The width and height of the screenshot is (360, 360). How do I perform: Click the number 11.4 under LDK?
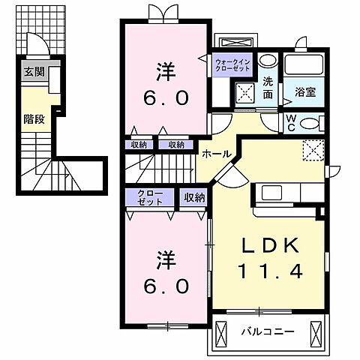pyautogui.click(x=272, y=271)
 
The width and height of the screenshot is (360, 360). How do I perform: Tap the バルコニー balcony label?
pyautogui.click(x=268, y=330)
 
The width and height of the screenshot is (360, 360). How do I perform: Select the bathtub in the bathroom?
pyautogui.click(x=304, y=66)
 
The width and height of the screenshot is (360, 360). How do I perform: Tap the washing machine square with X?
pyautogui.click(x=244, y=93)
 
